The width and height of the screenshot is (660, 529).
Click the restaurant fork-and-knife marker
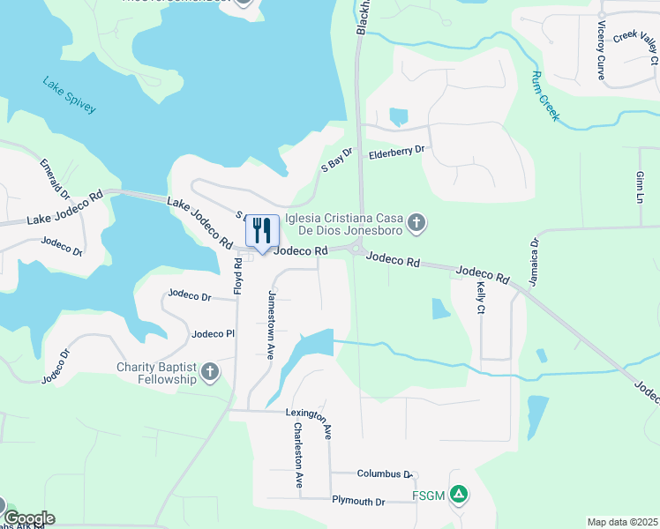coord(261,232)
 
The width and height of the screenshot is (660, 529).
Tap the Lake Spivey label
coord(69,95)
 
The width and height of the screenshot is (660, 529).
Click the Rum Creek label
coord(546,96)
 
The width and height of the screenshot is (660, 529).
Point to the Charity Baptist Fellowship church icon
coord(210,371)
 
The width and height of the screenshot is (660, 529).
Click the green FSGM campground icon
coord(458,495)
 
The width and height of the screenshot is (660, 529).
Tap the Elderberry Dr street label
coord(396,151)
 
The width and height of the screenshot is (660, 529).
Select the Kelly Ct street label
coord(481,298)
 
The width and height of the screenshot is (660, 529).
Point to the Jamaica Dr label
coord(534,261)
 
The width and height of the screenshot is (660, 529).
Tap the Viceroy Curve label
coord(601,50)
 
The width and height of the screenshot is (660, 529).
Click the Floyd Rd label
coord(237,275)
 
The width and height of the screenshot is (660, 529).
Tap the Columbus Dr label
coord(384,474)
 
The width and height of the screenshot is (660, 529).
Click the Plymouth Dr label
coord(358,502)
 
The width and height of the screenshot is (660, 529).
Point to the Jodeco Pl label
coord(213,334)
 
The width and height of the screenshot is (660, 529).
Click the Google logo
coord(29,518)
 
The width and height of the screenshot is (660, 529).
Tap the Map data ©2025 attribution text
coord(622,522)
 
